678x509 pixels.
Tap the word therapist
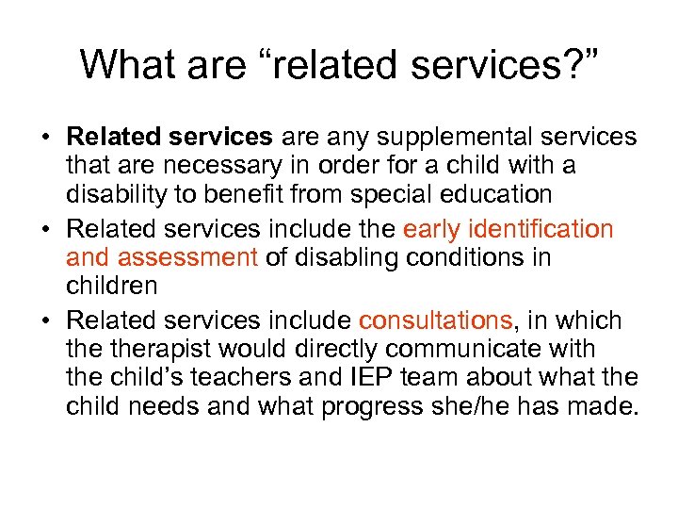point(178,349)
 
